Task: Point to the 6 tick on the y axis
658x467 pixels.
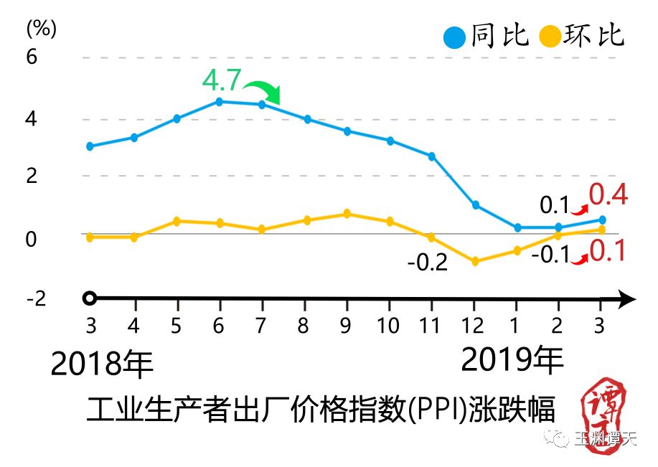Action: (31, 57)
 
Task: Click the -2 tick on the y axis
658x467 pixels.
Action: (35, 298)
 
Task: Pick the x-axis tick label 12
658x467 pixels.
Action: (473, 326)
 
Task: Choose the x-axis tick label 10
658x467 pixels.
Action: (388, 326)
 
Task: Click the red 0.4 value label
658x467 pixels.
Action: (608, 195)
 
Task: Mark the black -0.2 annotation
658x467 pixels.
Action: (428, 263)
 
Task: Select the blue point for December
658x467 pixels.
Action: (475, 205)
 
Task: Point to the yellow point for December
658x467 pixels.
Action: (474, 262)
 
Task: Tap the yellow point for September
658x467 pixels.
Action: (347, 214)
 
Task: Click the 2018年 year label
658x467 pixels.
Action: (103, 365)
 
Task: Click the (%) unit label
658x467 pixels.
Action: (41, 29)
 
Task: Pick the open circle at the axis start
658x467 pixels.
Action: (89, 298)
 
